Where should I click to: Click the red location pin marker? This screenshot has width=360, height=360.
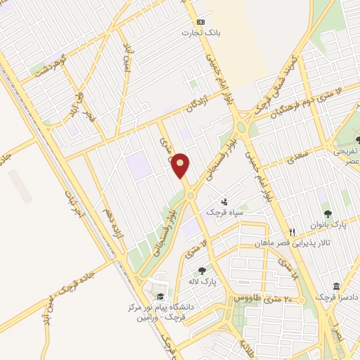(181, 166)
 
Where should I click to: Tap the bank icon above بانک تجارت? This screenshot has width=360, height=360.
(200, 22)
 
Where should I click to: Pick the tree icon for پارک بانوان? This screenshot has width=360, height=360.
(327, 213)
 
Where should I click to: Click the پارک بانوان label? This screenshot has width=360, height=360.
(328, 225)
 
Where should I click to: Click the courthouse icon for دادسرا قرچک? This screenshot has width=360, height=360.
(336, 287)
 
